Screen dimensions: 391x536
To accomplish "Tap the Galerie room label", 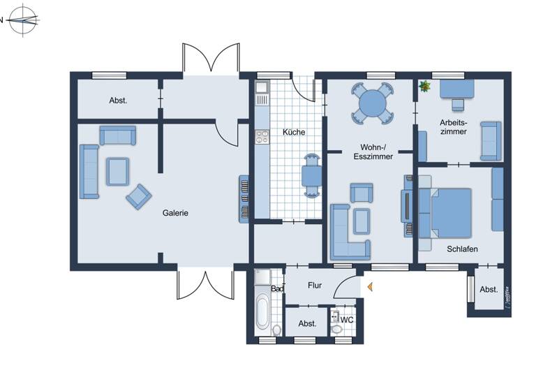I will pos(176,213).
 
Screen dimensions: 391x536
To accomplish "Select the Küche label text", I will pos(294,132).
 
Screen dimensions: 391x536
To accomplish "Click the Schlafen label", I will pos(461,248).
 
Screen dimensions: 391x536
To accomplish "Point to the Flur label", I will pos(314,285).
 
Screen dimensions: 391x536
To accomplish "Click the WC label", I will pos(347,320).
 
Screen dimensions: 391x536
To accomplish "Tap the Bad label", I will pos(277,288).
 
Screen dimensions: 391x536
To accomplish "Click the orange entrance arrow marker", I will pos(370,286).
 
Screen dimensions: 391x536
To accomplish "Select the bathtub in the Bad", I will pos(262,311).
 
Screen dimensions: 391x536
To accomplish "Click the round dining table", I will pos(372,104).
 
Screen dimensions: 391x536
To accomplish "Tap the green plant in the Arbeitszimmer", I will pos(425,87).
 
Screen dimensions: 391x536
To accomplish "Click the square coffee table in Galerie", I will pos(117,170).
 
